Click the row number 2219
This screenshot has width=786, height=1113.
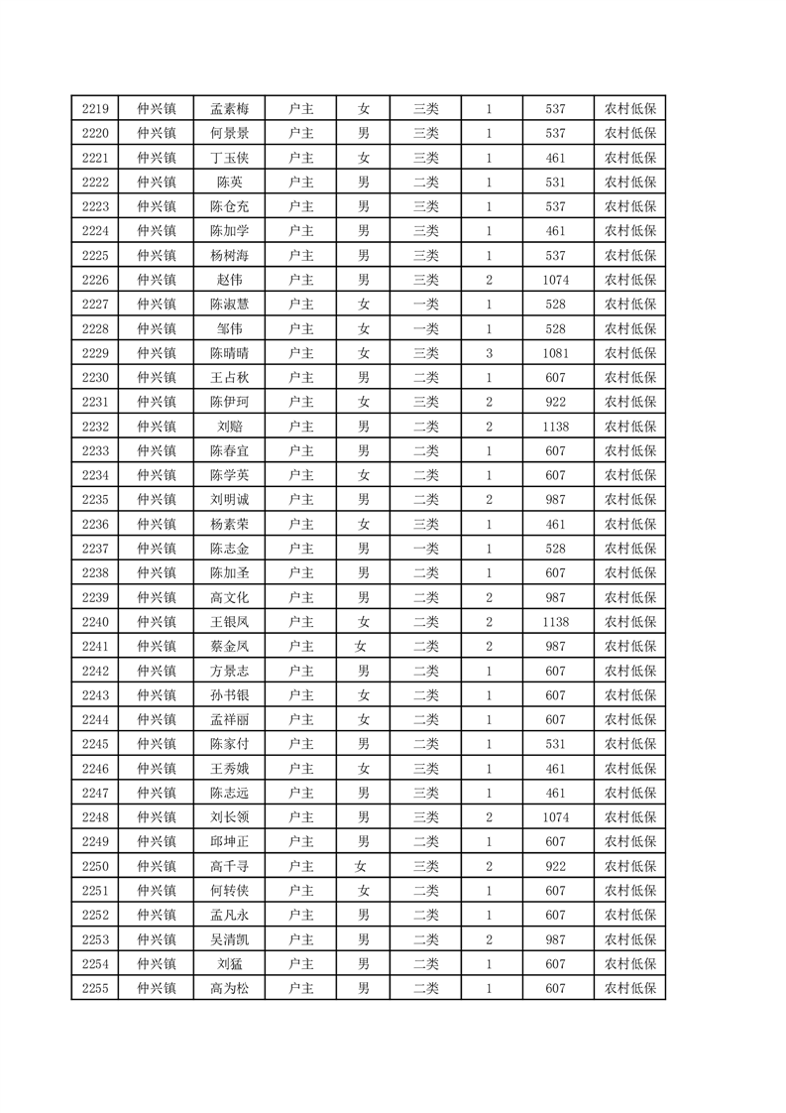coord(95,109)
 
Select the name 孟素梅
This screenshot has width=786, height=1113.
coord(230,109)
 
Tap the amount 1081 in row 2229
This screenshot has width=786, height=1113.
coord(555,353)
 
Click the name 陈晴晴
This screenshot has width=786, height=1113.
coord(230,353)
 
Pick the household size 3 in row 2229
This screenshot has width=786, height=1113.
coord(489,353)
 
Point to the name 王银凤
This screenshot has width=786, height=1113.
coord(230,622)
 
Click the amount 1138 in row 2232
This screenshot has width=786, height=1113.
coord(555,427)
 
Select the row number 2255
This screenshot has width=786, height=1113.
coord(95,988)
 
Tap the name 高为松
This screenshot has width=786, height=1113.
coord(230,988)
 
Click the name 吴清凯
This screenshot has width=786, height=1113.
coord(230,939)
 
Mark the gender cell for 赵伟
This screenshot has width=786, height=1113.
coord(364,280)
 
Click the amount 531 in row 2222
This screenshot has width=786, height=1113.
coord(555,183)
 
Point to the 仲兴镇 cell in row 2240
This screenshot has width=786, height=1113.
coord(157,622)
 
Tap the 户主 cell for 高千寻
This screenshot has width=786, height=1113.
coord(300,866)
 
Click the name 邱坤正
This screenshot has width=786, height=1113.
coord(230,841)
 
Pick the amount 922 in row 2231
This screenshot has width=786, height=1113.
coord(555,402)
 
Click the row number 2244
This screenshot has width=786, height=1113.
coord(95,719)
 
